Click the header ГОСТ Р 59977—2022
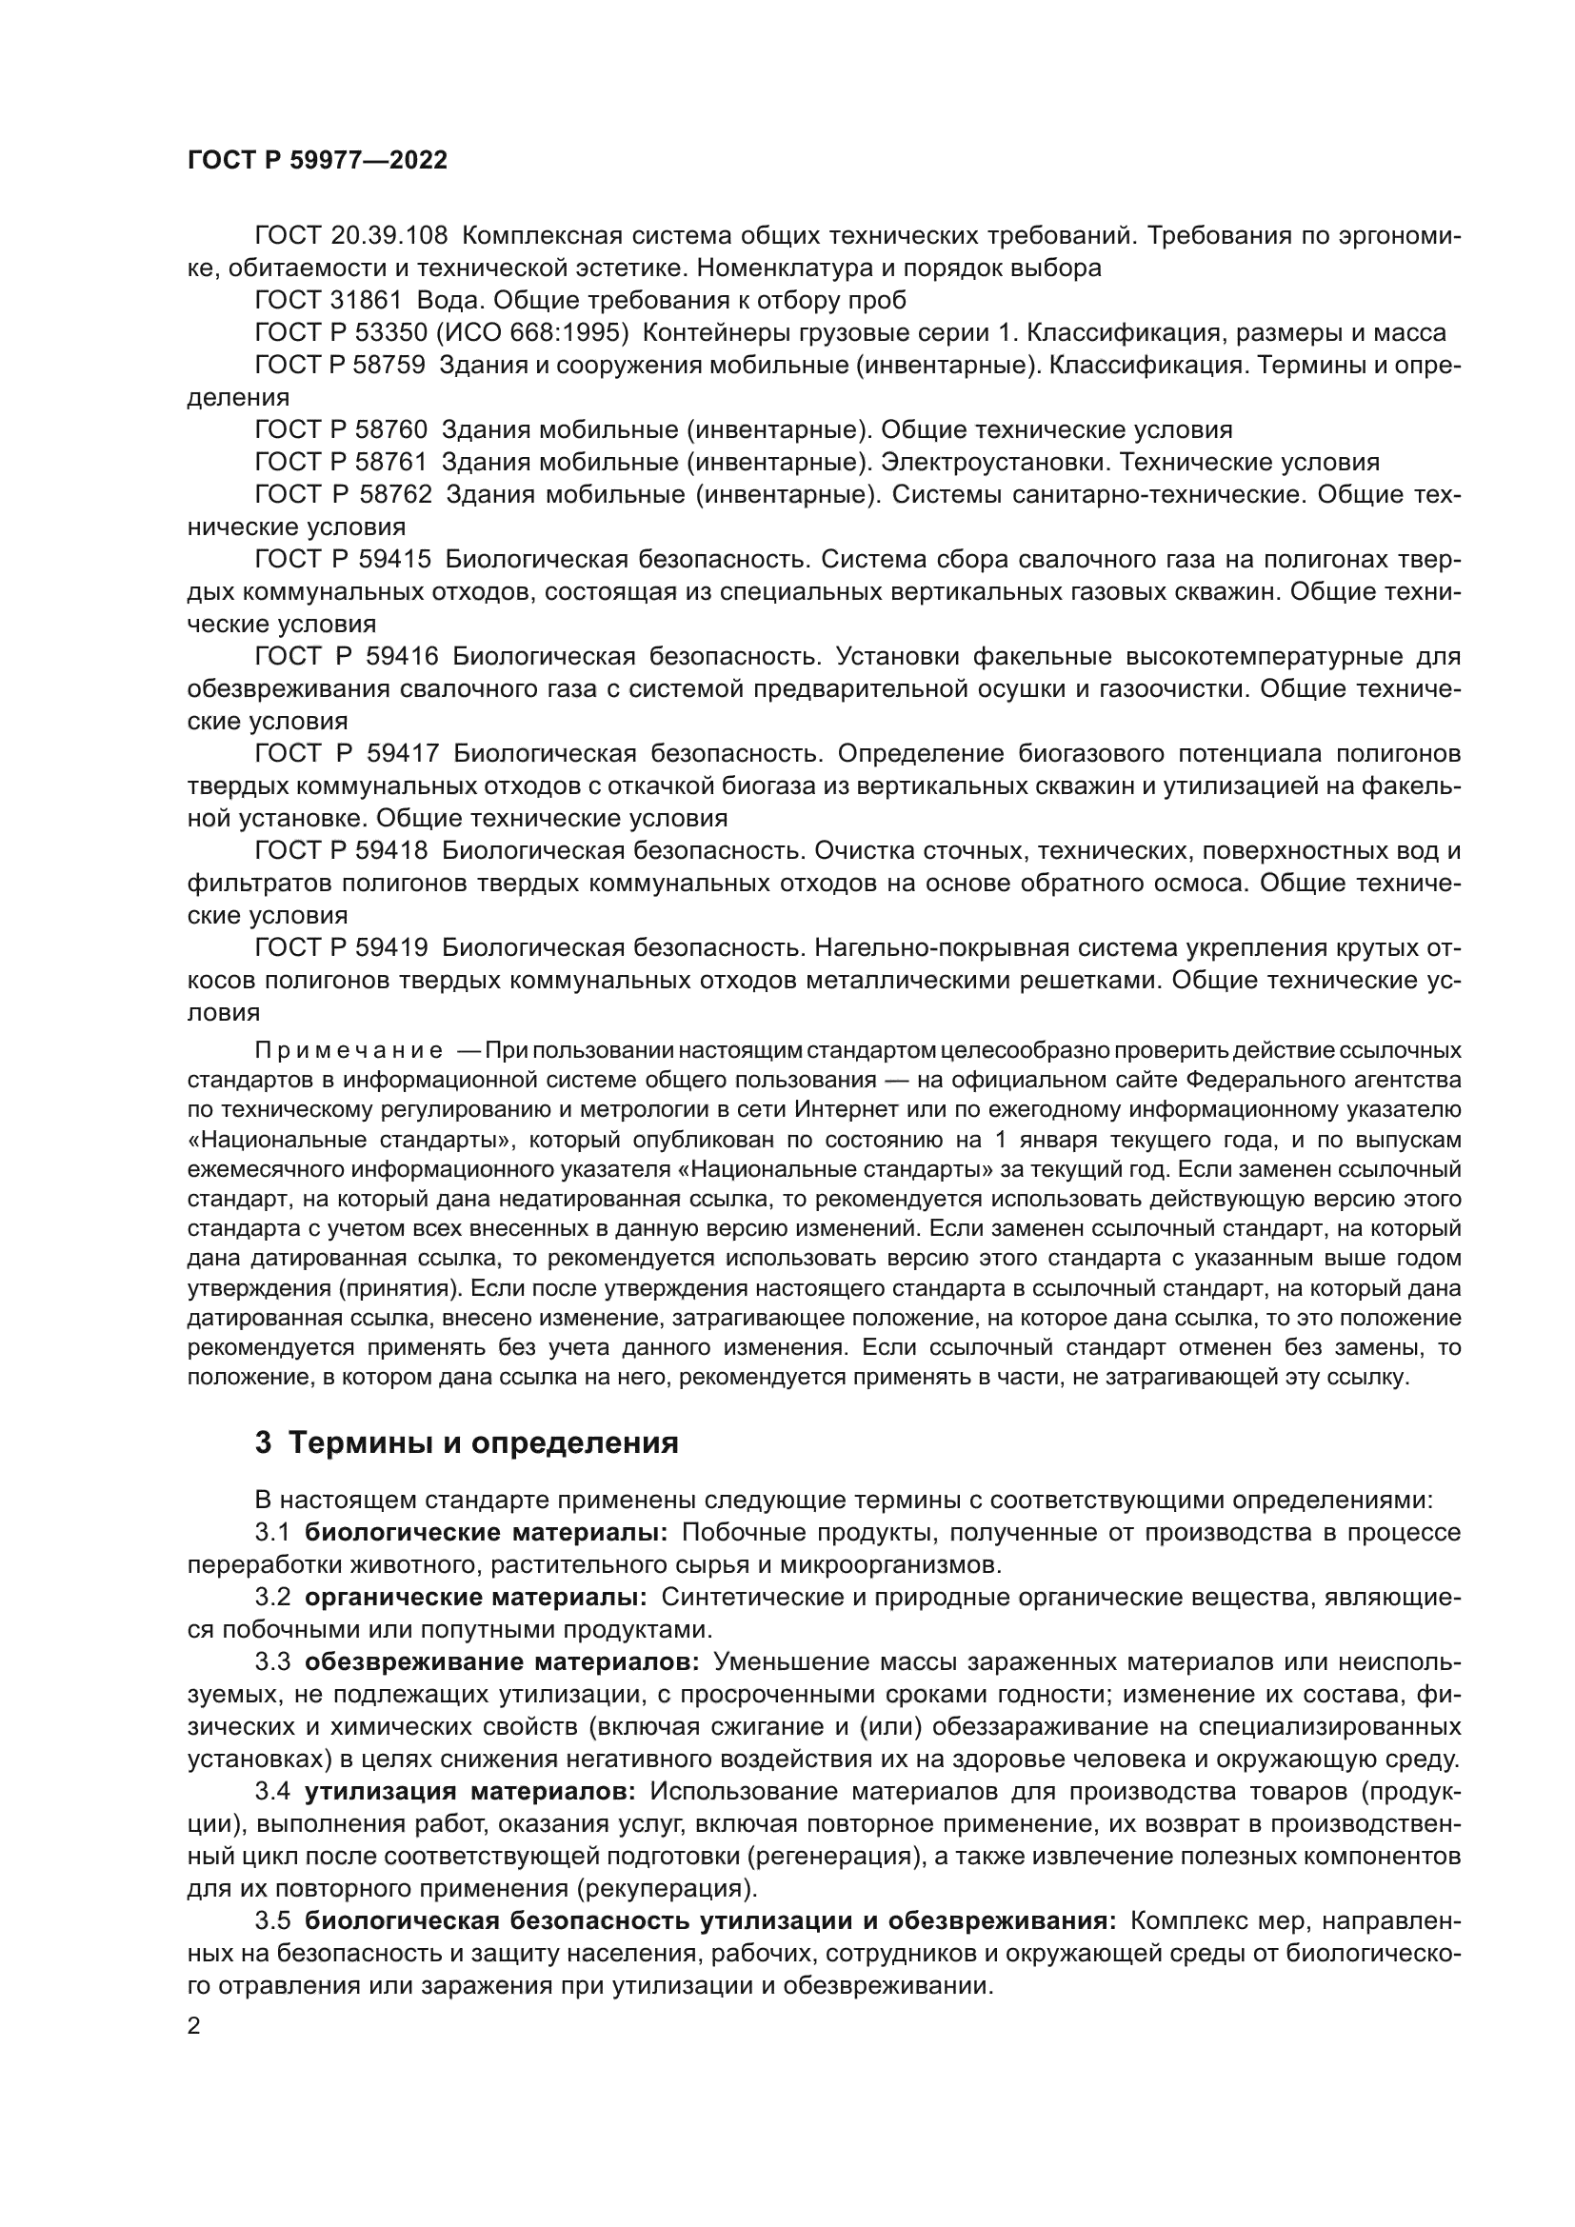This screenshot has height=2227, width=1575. [x=317, y=161]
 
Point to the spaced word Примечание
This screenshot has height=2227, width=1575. [x=349, y=1050]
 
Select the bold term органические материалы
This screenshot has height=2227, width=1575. [x=476, y=1598]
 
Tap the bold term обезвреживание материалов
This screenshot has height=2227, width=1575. [x=502, y=1662]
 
